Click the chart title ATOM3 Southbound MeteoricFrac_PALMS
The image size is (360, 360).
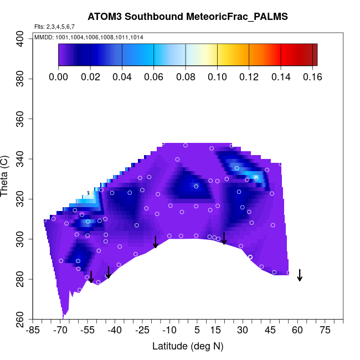[188, 17]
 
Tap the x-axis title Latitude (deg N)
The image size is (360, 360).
[188, 346]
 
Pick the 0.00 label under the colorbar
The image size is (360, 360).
[58, 77]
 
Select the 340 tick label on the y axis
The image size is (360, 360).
[21, 159]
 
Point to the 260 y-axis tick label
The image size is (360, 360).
[21, 319]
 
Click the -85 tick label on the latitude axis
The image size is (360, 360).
[33, 331]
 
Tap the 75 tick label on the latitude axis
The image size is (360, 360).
[325, 331]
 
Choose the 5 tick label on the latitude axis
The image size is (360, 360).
[197, 331]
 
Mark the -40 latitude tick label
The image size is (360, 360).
[115, 331]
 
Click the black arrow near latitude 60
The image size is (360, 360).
[300, 275]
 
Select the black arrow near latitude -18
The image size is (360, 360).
[156, 242]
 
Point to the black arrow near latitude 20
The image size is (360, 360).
[224, 238]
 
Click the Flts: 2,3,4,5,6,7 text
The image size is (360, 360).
[54, 26]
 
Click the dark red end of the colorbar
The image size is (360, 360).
[313, 55]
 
